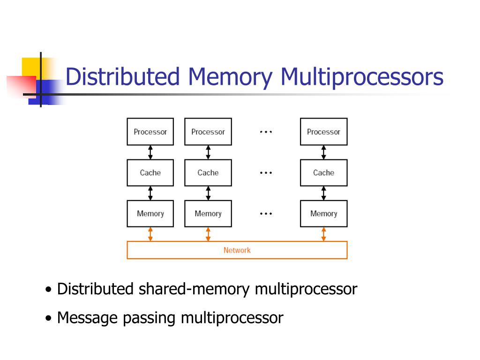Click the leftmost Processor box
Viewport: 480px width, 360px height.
point(150,132)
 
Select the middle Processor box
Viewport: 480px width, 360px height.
point(208,132)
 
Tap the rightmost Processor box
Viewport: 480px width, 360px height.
point(323,132)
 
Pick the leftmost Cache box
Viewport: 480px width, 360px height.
point(150,172)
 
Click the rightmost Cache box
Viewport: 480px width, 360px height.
point(323,172)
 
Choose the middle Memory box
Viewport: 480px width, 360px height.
point(208,214)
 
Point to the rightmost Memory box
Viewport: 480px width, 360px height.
point(323,214)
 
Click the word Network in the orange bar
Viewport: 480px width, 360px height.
point(237,250)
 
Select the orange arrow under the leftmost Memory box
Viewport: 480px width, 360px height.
point(150,234)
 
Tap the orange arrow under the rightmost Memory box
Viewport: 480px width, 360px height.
point(323,234)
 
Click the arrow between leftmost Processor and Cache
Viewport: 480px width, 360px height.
point(150,152)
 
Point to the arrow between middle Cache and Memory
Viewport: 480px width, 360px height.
point(208,193)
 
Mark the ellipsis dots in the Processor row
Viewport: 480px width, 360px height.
point(266,132)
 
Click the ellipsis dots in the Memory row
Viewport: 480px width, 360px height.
point(266,214)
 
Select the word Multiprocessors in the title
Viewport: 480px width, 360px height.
point(362,77)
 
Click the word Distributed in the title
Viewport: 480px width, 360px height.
point(122,76)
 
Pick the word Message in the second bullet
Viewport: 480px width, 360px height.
point(87,318)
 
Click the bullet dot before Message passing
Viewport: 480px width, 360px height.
point(48,318)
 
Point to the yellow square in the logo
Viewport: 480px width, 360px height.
point(33,68)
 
